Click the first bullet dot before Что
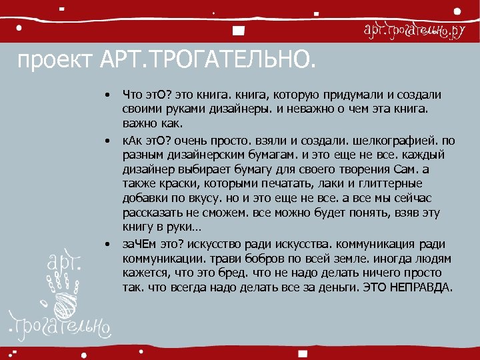(x=106, y=96)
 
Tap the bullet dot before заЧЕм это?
(x=106, y=243)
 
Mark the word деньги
(x=339, y=288)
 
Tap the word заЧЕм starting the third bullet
(x=139, y=243)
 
